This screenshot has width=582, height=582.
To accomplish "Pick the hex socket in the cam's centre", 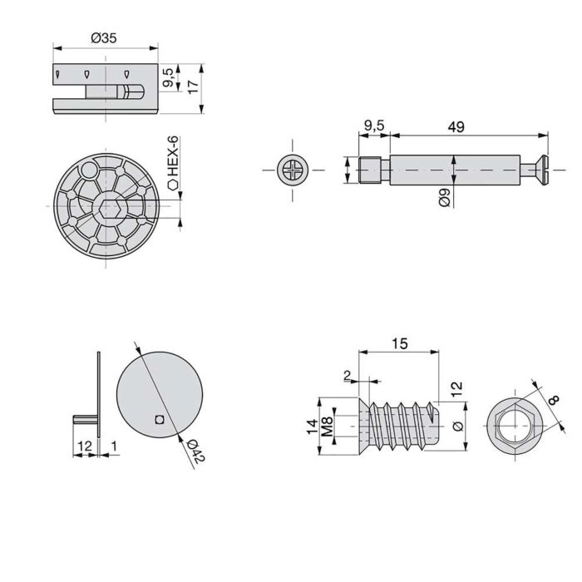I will pos(110,209).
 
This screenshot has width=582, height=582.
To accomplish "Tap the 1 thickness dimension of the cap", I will pos(114,447).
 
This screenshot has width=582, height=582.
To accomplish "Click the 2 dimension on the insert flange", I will pos(347,375).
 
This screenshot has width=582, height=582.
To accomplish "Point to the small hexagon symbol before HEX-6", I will pos(174,186).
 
